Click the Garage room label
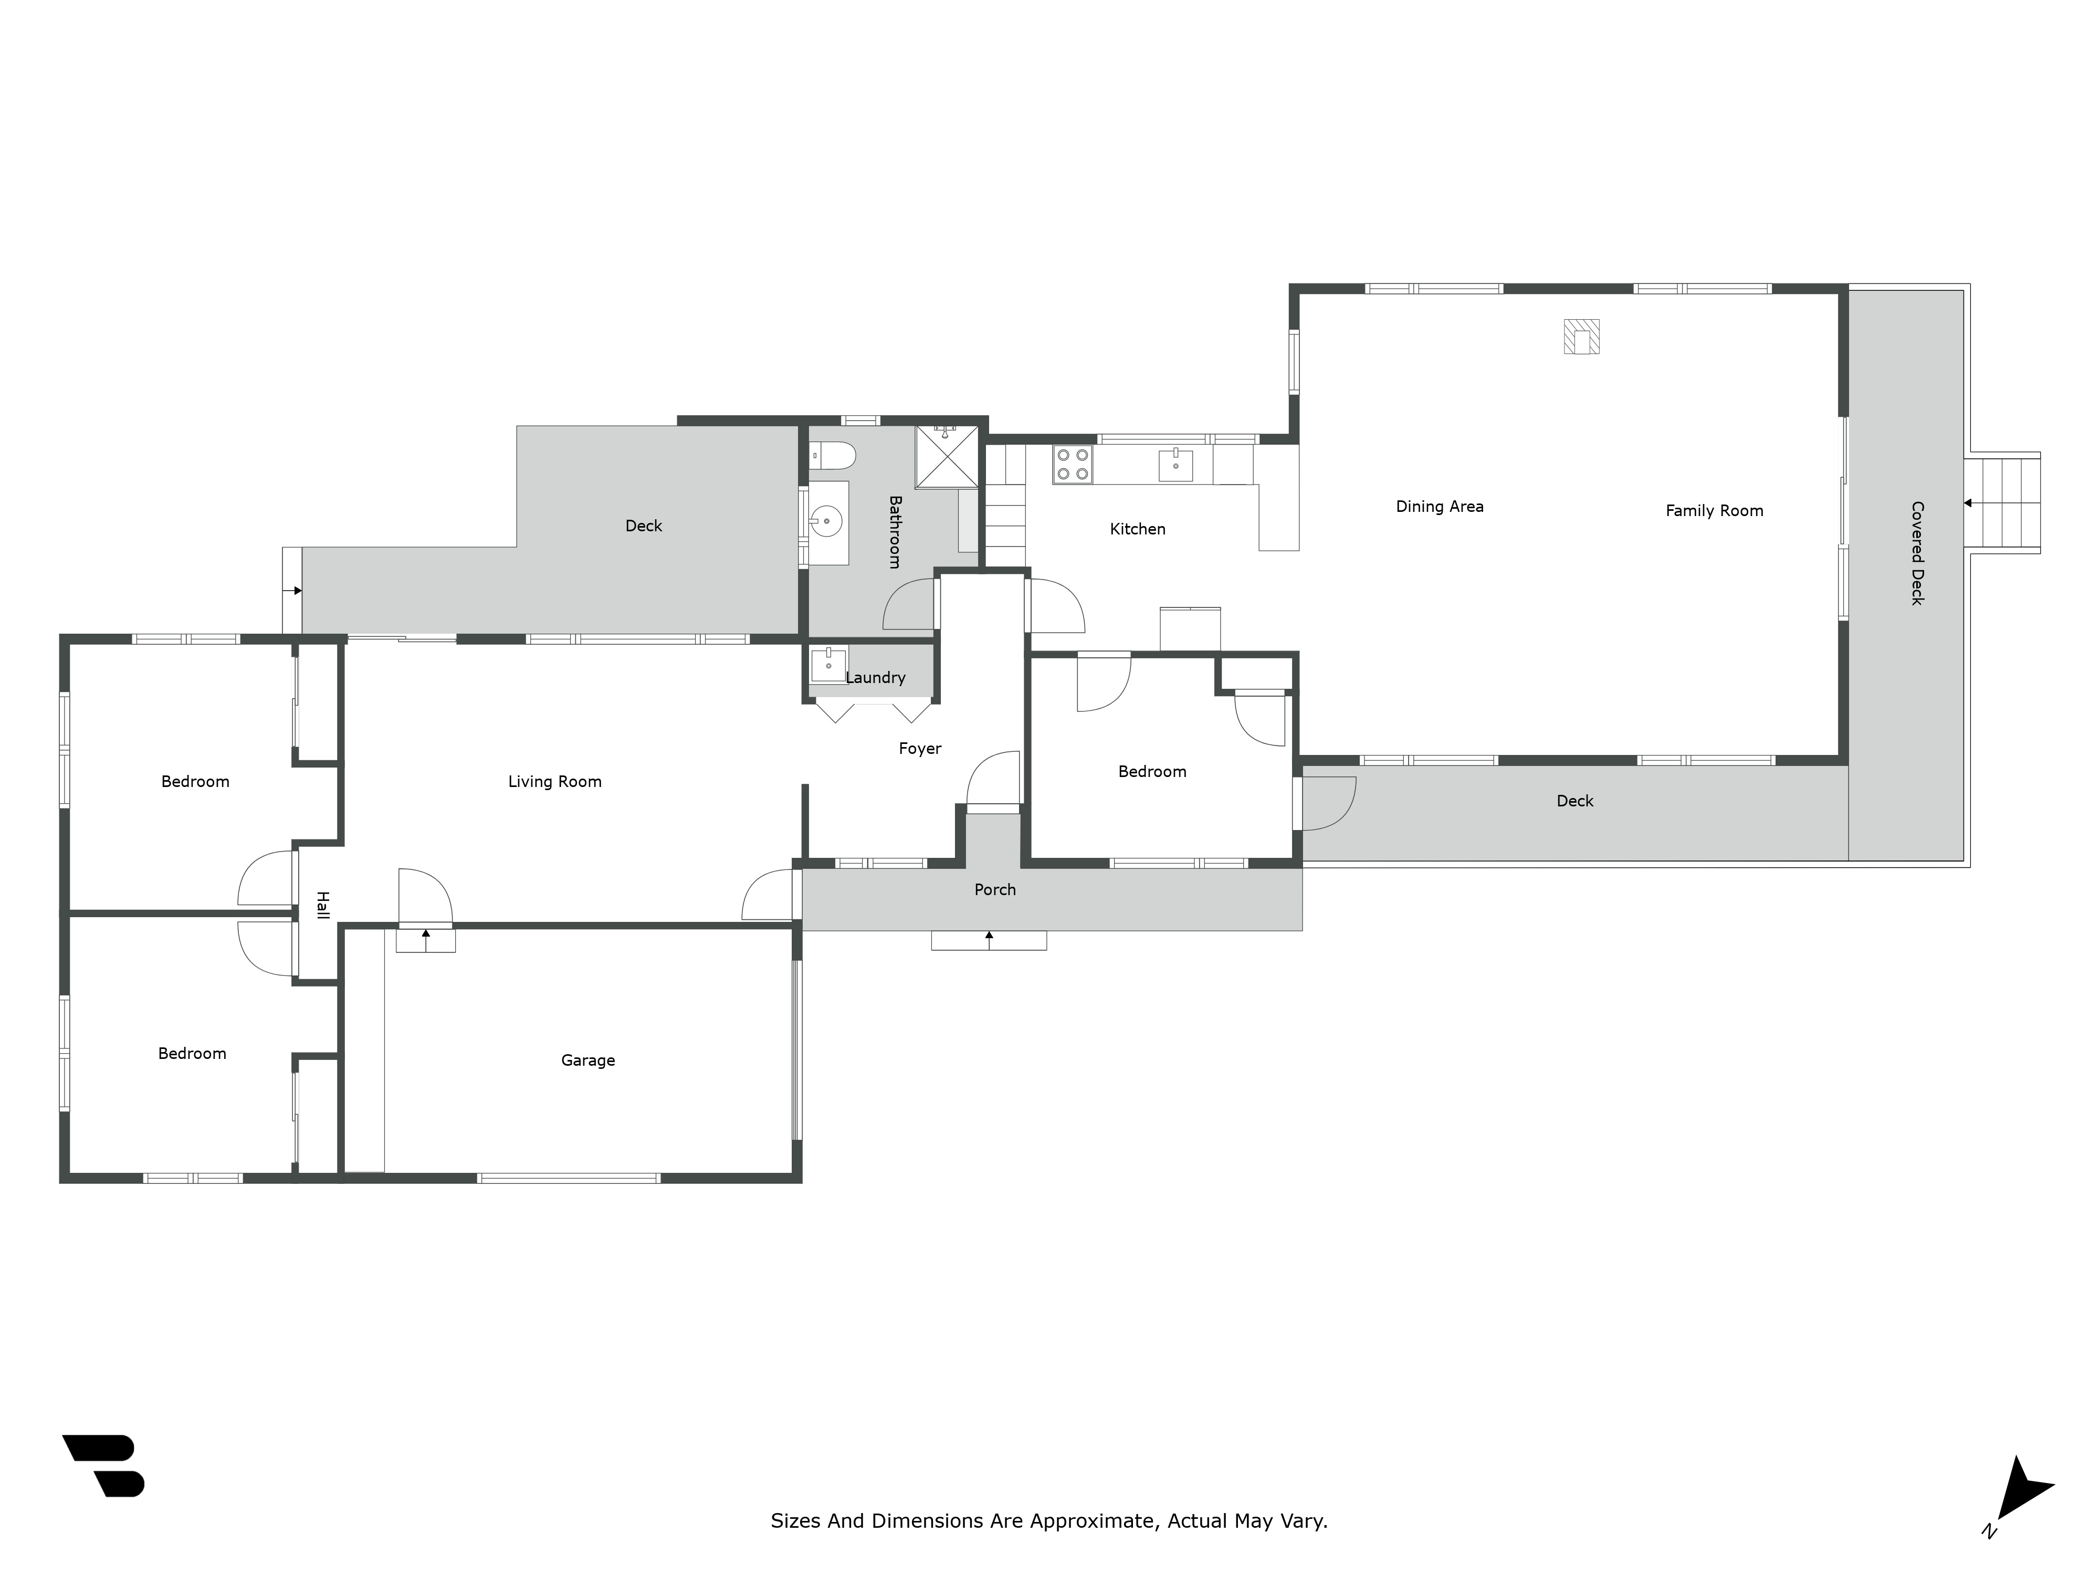point(587,1060)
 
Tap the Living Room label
point(554,781)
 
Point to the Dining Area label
point(1438,507)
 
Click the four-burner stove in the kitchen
point(1072,465)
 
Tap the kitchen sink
point(1175,465)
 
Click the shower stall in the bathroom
point(946,457)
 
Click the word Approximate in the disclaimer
point(1092,1521)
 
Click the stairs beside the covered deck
point(2003,503)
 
